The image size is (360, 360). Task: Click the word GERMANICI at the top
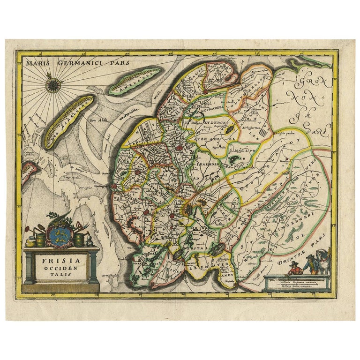(76, 61)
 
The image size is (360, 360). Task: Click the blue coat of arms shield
(60, 233)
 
